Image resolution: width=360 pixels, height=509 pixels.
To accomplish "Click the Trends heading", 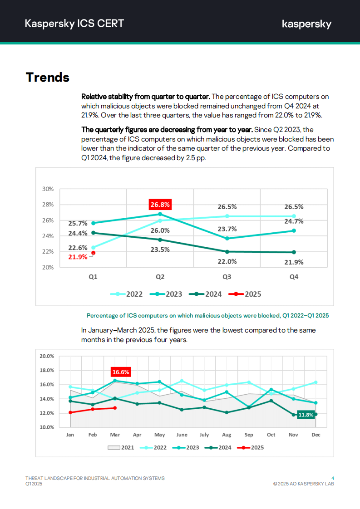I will [x=48, y=77].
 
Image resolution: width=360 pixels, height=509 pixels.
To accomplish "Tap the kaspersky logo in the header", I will [x=306, y=24].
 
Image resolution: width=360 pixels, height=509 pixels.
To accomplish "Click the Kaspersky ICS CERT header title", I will [x=74, y=24].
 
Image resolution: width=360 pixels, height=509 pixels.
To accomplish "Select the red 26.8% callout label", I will [x=160, y=205].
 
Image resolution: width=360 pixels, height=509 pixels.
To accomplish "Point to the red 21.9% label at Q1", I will [x=78, y=257].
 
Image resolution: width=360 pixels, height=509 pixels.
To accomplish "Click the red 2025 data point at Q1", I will [x=93, y=253].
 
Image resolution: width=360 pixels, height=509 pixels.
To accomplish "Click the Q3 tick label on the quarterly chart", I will [x=227, y=277].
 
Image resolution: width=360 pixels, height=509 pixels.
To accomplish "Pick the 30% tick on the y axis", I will [x=48, y=189].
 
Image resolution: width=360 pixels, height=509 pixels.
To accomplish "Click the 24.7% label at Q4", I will [x=294, y=221].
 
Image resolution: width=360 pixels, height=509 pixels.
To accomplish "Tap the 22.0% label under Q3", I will [x=227, y=261].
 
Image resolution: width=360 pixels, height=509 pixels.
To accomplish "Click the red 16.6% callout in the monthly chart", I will [x=121, y=372].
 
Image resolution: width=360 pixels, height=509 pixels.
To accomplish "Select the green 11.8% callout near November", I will [x=306, y=415].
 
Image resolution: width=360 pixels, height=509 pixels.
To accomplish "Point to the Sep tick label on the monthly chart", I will [x=249, y=435].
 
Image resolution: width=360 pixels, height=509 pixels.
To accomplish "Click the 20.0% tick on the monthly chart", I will [x=47, y=356].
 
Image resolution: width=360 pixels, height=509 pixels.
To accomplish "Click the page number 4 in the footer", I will [x=333, y=478].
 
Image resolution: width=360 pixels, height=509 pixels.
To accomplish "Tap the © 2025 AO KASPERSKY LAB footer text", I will [x=304, y=484].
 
